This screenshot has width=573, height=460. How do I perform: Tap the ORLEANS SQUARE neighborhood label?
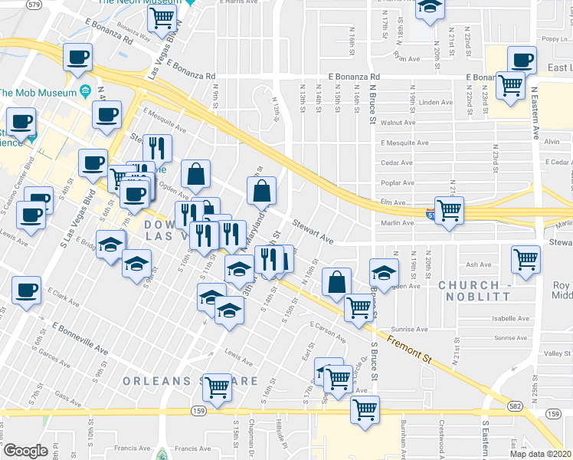190,380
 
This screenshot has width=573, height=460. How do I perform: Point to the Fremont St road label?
410,350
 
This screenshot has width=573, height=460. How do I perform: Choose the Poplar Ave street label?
397,183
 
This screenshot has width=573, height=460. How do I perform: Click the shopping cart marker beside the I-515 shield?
449,208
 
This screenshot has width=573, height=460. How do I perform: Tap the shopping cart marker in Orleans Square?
218,385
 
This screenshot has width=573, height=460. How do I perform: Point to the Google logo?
25,450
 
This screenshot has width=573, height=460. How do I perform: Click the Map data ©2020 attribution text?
541,454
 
